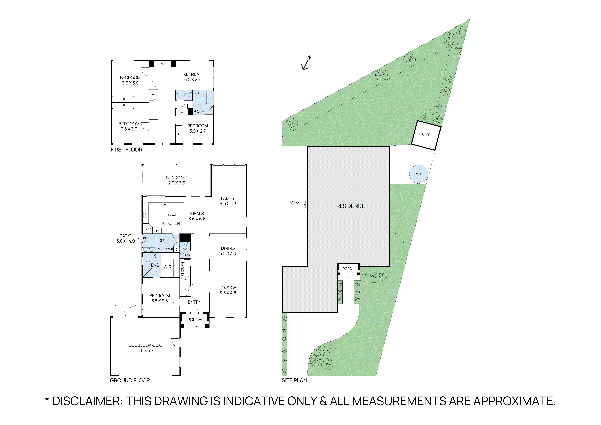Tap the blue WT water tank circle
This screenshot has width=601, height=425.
[419, 174]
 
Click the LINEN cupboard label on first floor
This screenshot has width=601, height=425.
[162, 64]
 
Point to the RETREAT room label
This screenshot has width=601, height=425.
[192, 74]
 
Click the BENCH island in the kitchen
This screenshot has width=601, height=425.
[172, 215]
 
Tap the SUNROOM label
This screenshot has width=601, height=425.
[176, 178]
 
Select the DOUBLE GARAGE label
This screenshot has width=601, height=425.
[145, 345]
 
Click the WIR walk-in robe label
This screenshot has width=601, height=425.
[167, 267]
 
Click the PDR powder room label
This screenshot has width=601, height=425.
[187, 255]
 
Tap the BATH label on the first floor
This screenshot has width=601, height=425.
[199, 112]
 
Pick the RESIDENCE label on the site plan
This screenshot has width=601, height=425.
[350, 206]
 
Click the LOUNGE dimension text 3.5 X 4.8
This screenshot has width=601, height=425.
[228, 293]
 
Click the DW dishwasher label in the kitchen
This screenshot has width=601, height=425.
[164, 205]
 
